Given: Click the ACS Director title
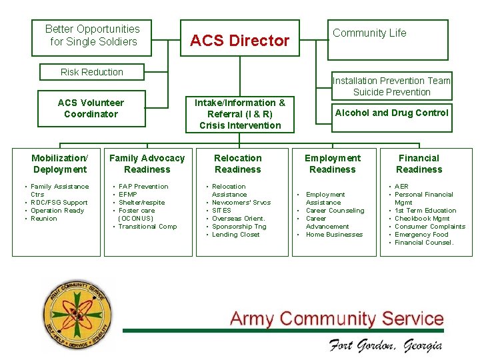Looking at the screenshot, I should point(240,41).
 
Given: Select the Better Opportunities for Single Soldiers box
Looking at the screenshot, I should point(92,36).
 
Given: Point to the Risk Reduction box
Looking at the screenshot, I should point(92,72).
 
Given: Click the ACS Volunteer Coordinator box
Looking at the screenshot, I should point(91,108).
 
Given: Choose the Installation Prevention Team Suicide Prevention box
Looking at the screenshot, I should point(392,86).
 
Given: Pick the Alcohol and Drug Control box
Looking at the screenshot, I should point(392,113).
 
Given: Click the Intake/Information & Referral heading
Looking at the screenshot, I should point(240,114).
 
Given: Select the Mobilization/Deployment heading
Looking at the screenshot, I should point(59,163).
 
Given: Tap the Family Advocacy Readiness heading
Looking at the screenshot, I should point(147,163).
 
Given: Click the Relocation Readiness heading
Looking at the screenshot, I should point(238,163).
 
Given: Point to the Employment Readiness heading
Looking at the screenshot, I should point(333,163).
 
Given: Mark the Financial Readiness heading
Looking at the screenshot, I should point(419,163).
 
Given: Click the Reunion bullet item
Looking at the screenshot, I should point(44,219).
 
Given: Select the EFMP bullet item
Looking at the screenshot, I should point(128,195).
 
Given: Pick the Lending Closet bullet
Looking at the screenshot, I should point(236,235).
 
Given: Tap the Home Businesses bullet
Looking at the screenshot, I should point(334,235).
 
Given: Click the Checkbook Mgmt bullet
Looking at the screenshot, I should point(422,219).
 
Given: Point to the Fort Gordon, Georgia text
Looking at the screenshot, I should point(385,345).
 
